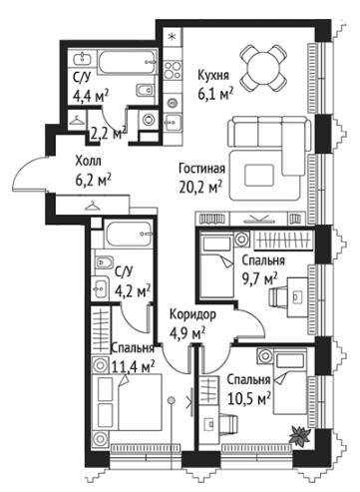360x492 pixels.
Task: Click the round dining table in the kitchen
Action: (263, 68)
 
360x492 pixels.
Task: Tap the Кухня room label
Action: (213, 75)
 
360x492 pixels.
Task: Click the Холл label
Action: (88, 162)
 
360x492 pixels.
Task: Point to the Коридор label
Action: (192, 314)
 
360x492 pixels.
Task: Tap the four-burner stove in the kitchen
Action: (174, 70)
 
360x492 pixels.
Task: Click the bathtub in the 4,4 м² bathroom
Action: (127, 63)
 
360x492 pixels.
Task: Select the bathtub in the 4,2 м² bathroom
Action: (129, 235)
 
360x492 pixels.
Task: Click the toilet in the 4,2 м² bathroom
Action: (104, 263)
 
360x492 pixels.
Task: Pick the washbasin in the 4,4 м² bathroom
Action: (82, 59)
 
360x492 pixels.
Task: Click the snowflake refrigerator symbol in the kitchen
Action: (172, 37)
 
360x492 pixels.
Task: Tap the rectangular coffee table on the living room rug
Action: (259, 175)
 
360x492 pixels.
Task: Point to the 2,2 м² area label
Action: (108, 134)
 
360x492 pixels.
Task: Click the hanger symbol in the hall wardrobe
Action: (93, 207)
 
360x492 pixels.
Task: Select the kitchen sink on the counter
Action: (174, 121)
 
